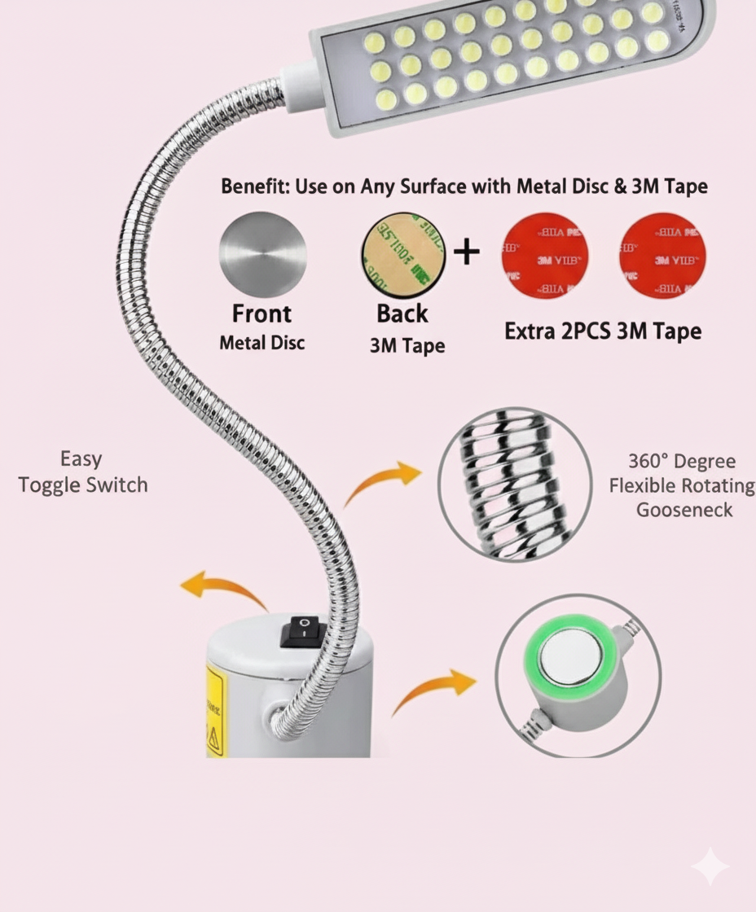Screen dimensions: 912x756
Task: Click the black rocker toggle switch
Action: pyautogui.click(x=302, y=632)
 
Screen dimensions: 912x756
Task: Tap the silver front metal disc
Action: pyautogui.click(x=262, y=255)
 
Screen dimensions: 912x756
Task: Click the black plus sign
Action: pyautogui.click(x=466, y=252)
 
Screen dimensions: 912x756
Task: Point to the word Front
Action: pyautogui.click(x=262, y=313)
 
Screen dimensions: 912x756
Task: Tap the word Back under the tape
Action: pyautogui.click(x=402, y=313)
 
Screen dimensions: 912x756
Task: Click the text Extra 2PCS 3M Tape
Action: pyautogui.click(x=603, y=331)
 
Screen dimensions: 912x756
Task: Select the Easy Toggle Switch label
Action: pyautogui.click(x=82, y=471)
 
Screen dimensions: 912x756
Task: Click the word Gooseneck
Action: pyautogui.click(x=684, y=511)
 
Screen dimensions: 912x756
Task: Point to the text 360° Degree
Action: pyautogui.click(x=681, y=462)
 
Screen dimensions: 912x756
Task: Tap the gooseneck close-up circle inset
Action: pyautogui.click(x=515, y=484)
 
